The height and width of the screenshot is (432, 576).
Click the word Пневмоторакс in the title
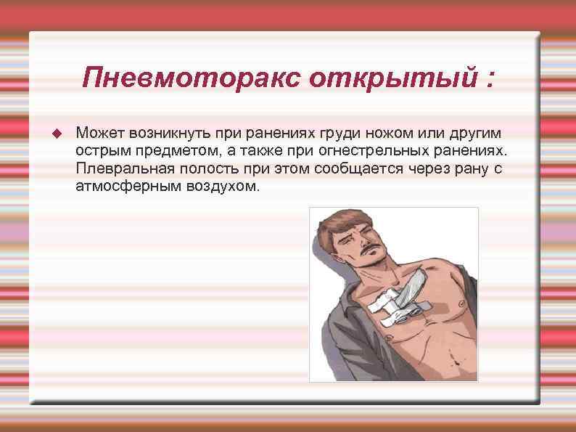[191, 76]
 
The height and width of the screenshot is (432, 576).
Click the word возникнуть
[165, 134]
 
